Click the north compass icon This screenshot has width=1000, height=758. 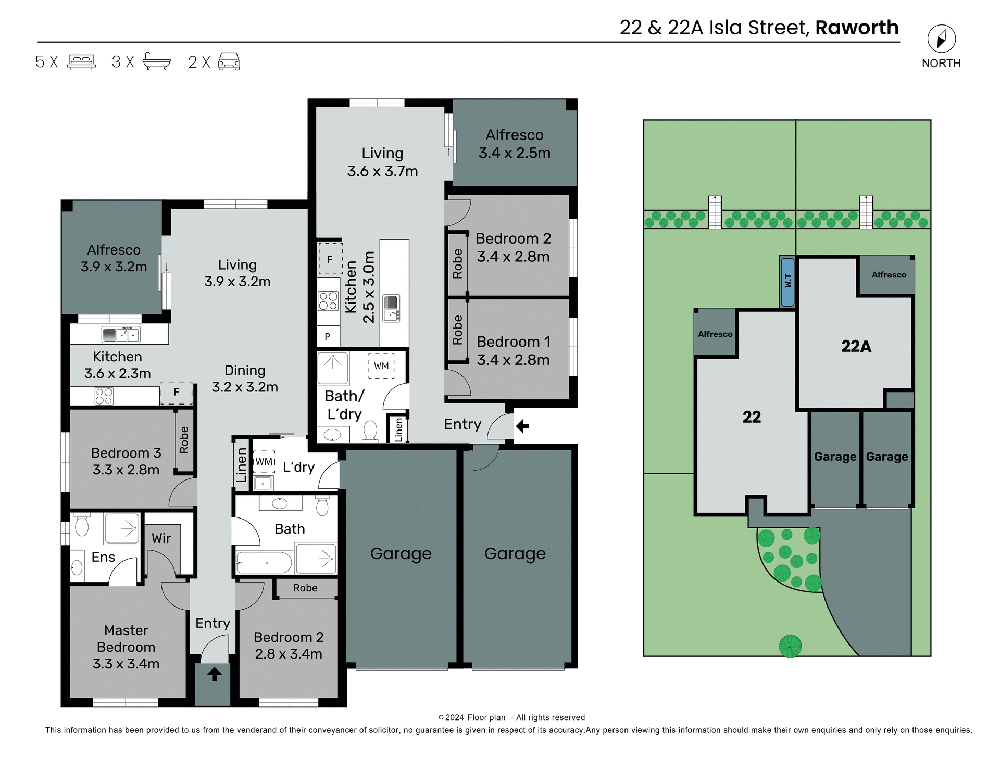(941, 39)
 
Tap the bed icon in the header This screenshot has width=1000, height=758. (81, 61)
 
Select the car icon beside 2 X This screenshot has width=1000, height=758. (229, 61)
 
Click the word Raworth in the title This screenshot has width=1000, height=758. (857, 28)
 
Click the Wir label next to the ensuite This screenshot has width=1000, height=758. (161, 538)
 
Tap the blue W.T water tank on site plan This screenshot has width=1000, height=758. (787, 282)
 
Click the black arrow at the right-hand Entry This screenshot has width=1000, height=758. (522, 426)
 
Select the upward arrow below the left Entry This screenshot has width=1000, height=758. (214, 675)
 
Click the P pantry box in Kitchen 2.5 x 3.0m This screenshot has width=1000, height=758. (328, 337)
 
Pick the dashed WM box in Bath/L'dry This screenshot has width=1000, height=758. (381, 366)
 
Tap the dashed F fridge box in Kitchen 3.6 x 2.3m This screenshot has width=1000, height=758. (177, 393)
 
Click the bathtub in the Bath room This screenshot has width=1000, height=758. (264, 563)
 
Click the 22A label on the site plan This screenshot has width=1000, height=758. (856, 346)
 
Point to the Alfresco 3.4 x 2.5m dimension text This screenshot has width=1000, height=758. (514, 153)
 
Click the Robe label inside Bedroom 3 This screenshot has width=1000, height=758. (184, 440)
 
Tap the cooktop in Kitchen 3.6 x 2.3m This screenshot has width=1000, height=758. (104, 396)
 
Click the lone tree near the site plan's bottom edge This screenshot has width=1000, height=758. (790, 646)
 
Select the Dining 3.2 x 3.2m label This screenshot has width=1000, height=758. (245, 378)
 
